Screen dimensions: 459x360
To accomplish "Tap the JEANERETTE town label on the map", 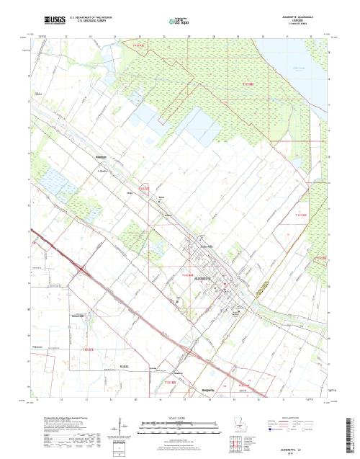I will pyautogui.click(x=204, y=278).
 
